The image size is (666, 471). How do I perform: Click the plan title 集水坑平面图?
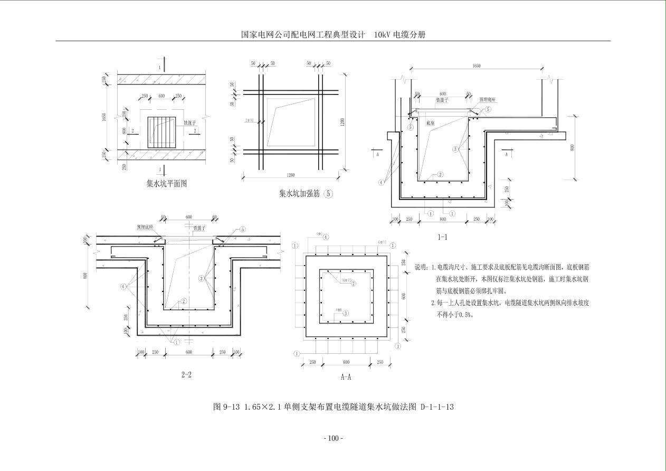[x=167, y=184]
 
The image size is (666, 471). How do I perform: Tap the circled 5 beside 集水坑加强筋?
[x=329, y=193]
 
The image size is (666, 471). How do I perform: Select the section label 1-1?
[x=442, y=237]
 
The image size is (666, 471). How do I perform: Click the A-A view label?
[x=346, y=377]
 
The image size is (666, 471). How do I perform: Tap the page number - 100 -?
[x=332, y=438]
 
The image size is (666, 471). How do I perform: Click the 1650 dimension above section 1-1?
[x=476, y=66]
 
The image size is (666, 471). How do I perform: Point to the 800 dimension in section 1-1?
[x=572, y=148]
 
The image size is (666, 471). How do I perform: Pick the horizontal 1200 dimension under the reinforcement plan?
[x=288, y=175]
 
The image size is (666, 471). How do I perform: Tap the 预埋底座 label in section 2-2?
[x=145, y=227]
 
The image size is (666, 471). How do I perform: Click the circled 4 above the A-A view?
[x=326, y=238]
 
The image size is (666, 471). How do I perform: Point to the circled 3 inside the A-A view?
[x=346, y=313]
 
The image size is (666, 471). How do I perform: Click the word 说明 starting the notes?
[x=421, y=267]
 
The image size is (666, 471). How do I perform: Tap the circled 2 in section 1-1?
[x=440, y=174]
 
